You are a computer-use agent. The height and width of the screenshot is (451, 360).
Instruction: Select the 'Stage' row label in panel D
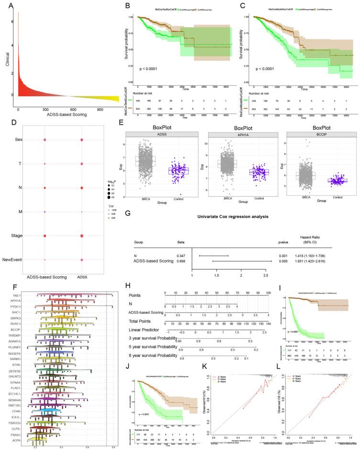[x=19, y=236]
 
